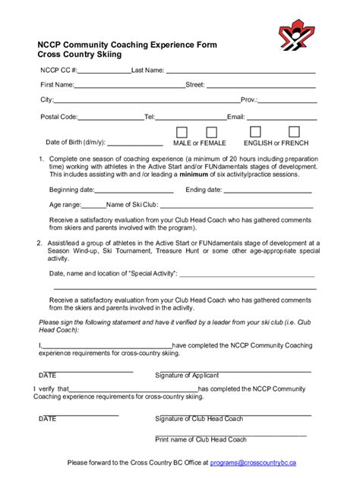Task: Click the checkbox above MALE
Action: [x=182, y=132]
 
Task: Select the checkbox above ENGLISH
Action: [x=256, y=132]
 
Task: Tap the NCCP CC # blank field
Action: [x=104, y=73]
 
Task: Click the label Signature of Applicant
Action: [x=187, y=375]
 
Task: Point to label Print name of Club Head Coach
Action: [x=201, y=439]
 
